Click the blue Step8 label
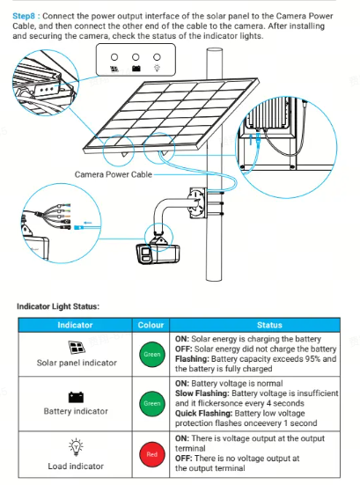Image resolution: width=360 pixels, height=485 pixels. click(24, 16)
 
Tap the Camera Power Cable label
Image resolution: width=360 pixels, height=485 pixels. click(114, 174)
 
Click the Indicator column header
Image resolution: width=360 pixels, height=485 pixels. click(75, 325)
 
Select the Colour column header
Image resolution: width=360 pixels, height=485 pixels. click(151, 325)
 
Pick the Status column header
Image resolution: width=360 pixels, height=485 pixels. click(269, 325)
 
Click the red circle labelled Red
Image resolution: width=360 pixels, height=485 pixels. click(152, 454)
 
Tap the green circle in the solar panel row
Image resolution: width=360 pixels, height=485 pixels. click(152, 355)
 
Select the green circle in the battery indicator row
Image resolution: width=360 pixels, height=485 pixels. click(152, 404)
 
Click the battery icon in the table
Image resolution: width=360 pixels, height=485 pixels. click(76, 397)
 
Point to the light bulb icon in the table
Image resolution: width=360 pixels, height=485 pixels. click(76, 447)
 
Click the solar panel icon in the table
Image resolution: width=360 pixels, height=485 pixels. click(77, 348)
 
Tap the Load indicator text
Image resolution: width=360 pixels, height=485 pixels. click(76, 467)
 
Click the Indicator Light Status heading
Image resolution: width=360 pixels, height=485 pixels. click(58, 306)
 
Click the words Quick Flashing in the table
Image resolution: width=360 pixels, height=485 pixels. click(203, 413)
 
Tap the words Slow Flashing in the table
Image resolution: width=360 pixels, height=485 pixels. click(202, 393)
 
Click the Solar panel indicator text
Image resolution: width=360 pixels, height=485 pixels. click(77, 363)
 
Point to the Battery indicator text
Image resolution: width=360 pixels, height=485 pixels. click(76, 411)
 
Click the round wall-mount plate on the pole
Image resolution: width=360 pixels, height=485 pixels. click(196, 202)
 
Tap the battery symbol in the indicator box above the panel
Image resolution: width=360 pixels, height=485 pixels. click(136, 69)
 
